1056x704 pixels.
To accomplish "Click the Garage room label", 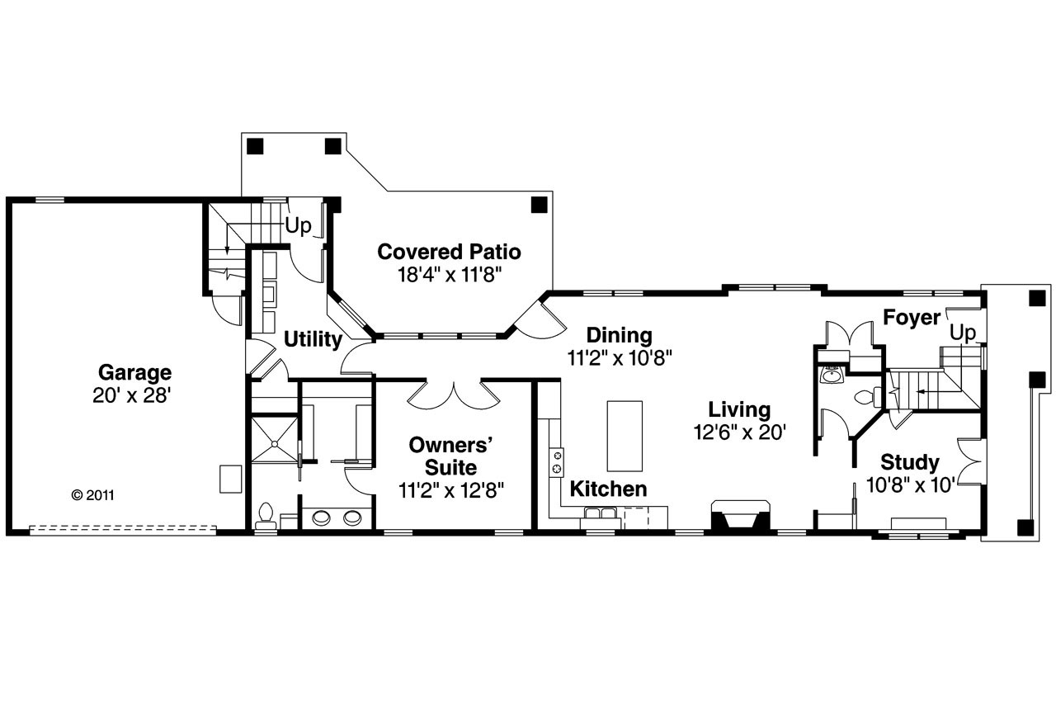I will point(134,372).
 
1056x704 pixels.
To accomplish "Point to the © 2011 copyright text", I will point(92,496).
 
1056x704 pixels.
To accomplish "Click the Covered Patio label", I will point(449,251).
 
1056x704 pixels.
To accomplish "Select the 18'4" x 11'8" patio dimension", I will point(449,273).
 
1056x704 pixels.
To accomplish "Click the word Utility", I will point(313,339).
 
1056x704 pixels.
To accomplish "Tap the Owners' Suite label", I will point(451,456).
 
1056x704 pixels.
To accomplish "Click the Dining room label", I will point(619,335).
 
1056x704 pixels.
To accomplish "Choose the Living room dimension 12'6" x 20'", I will point(739,432).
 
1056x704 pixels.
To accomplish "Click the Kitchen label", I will point(609,489).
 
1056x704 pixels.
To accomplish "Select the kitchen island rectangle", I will point(625,435).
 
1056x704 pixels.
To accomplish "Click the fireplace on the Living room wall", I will point(740,517).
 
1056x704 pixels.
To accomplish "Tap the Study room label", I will point(909,462).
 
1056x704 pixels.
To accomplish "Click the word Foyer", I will point(912,318).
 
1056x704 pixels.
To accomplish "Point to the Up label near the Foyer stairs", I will point(963,333).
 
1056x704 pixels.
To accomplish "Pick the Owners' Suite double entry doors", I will point(452,395).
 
